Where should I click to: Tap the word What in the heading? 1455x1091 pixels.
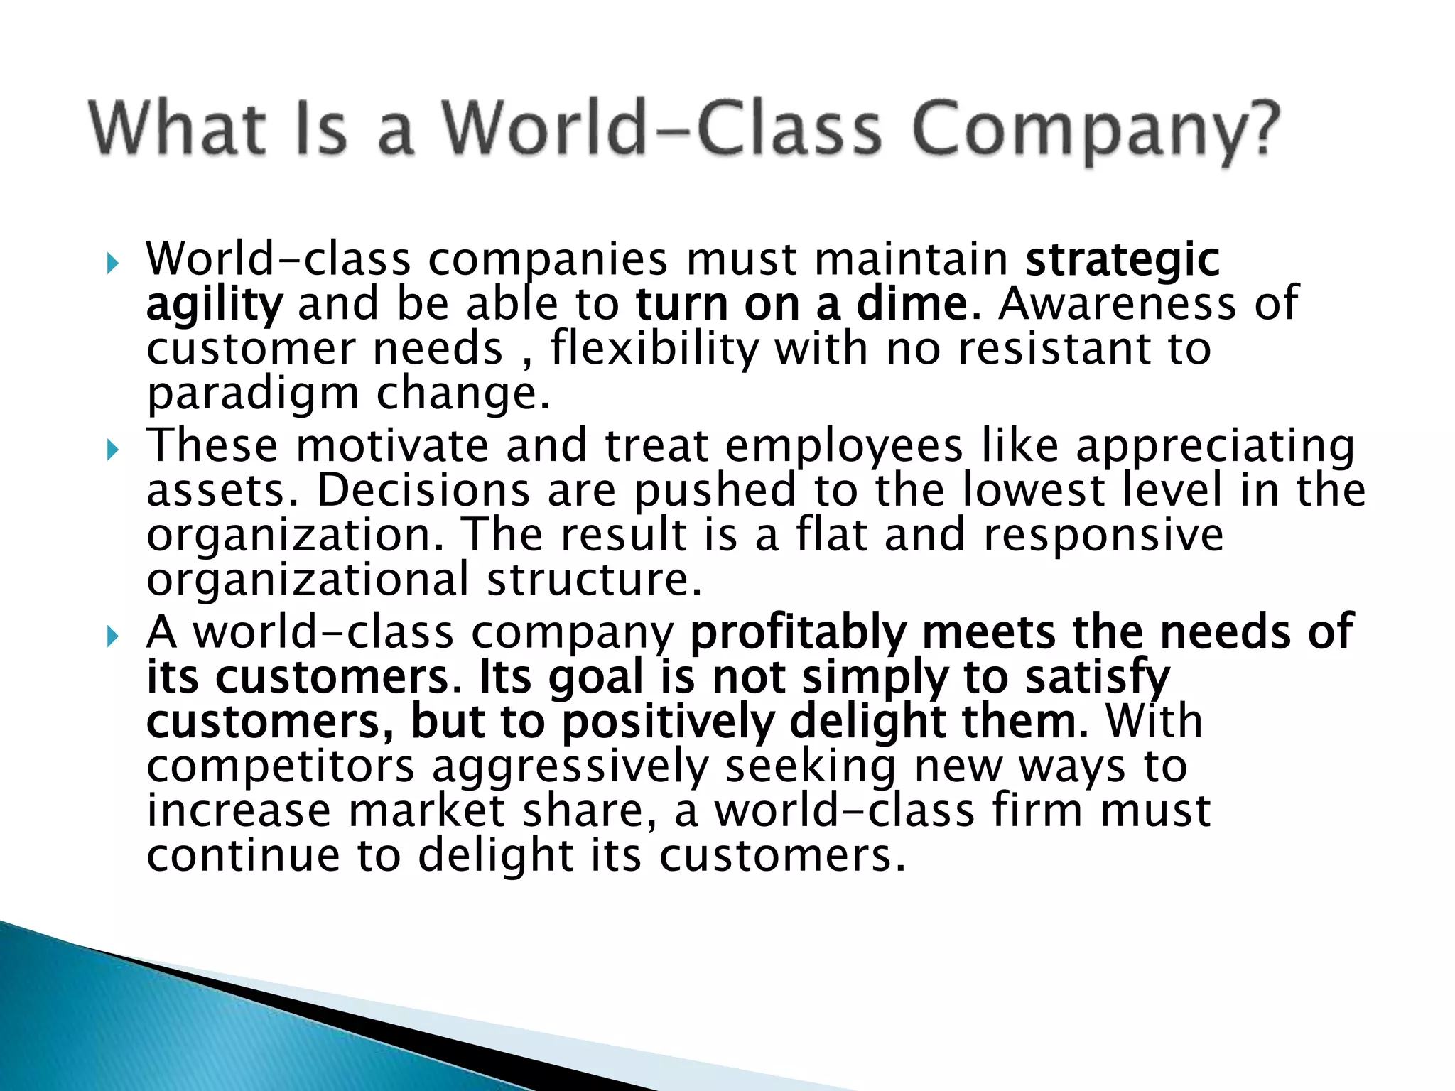(x=178, y=129)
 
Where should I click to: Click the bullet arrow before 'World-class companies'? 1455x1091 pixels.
(x=112, y=264)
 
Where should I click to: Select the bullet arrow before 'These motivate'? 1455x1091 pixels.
(x=112, y=450)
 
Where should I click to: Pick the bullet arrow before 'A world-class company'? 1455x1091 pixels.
(x=112, y=636)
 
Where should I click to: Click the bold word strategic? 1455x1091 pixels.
(x=1123, y=260)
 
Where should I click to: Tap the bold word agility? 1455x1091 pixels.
(x=214, y=305)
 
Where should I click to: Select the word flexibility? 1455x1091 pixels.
(x=654, y=349)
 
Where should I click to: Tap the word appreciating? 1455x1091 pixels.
(x=1215, y=447)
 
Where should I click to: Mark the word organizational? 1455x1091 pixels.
(x=308, y=580)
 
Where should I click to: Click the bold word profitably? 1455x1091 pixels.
(x=799, y=632)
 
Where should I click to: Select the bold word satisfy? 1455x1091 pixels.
(x=1097, y=678)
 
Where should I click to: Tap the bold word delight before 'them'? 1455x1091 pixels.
(x=867, y=722)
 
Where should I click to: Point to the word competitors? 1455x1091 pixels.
(x=281, y=767)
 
